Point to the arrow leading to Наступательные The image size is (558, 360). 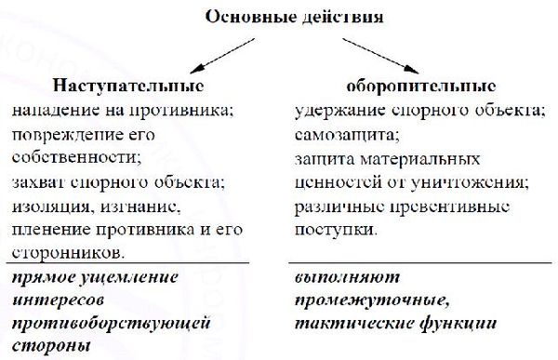pos(210,57)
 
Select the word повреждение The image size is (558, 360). pos(61,134)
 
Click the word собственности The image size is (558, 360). pos(68,157)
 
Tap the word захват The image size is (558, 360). pos(40,180)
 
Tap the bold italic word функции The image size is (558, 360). pos(459,324)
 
